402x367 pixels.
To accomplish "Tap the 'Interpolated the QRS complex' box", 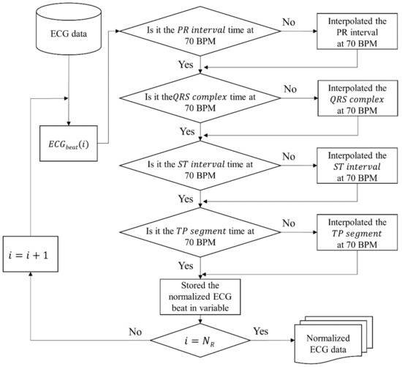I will [x=346, y=103].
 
